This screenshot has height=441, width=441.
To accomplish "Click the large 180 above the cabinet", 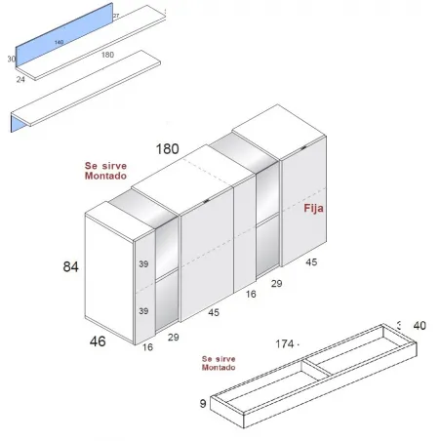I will click(168, 148).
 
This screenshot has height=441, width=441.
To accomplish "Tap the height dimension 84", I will click(70, 266).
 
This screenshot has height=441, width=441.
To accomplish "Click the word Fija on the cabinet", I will click(314, 209).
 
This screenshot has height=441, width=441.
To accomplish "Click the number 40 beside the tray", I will click(420, 326).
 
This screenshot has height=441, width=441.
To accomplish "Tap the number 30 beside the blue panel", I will click(11, 60).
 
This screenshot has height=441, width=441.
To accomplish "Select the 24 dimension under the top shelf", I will click(20, 81).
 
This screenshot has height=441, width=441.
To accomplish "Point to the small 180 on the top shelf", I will click(107, 55).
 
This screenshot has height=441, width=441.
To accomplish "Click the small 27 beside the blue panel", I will click(116, 17).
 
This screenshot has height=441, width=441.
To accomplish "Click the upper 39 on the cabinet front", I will click(143, 264).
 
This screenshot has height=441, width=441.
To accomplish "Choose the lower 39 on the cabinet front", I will click(143, 311).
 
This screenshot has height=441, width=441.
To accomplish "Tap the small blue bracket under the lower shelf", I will click(14, 122).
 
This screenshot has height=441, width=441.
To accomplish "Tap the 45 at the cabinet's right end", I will click(311, 261).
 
